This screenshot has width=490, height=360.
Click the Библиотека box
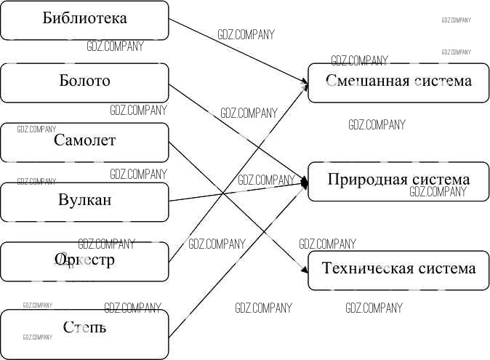(84, 20)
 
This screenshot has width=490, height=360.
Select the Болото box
(84, 82)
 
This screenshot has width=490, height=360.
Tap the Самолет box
(84, 142)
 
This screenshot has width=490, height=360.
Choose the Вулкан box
(84, 201)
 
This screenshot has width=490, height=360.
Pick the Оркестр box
(84, 261)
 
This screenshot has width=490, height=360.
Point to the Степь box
(84, 329)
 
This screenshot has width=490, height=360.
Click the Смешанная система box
(398, 82)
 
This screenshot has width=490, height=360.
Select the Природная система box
(398, 181)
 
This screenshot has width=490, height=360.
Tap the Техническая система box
(398, 270)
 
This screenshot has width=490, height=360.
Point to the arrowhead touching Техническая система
(303, 270)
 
